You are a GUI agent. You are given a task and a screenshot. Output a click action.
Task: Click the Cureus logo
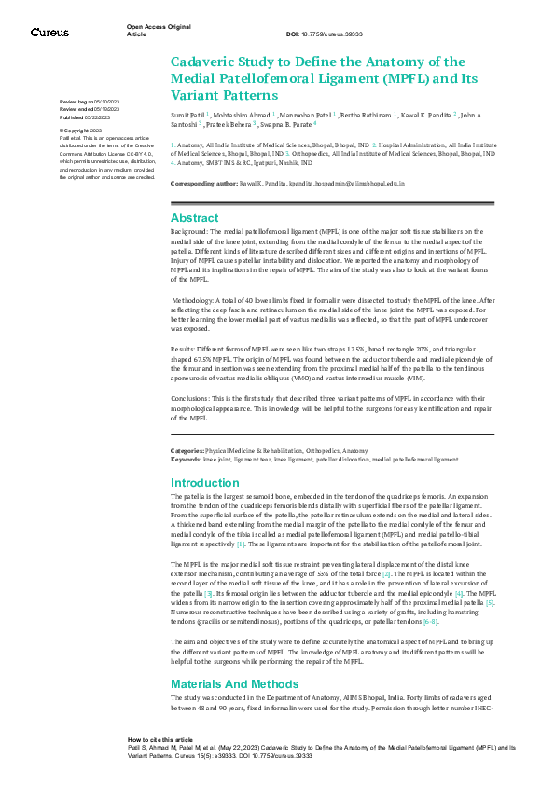click(x=49, y=33)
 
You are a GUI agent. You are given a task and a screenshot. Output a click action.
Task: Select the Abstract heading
click(x=195, y=216)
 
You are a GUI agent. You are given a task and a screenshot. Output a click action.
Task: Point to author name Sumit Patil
click(x=189, y=114)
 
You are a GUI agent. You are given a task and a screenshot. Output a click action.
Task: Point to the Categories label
click(x=187, y=449)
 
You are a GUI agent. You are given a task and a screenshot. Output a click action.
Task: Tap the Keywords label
click(x=186, y=460)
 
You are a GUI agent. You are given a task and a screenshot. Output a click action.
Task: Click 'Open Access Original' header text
click(x=158, y=28)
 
